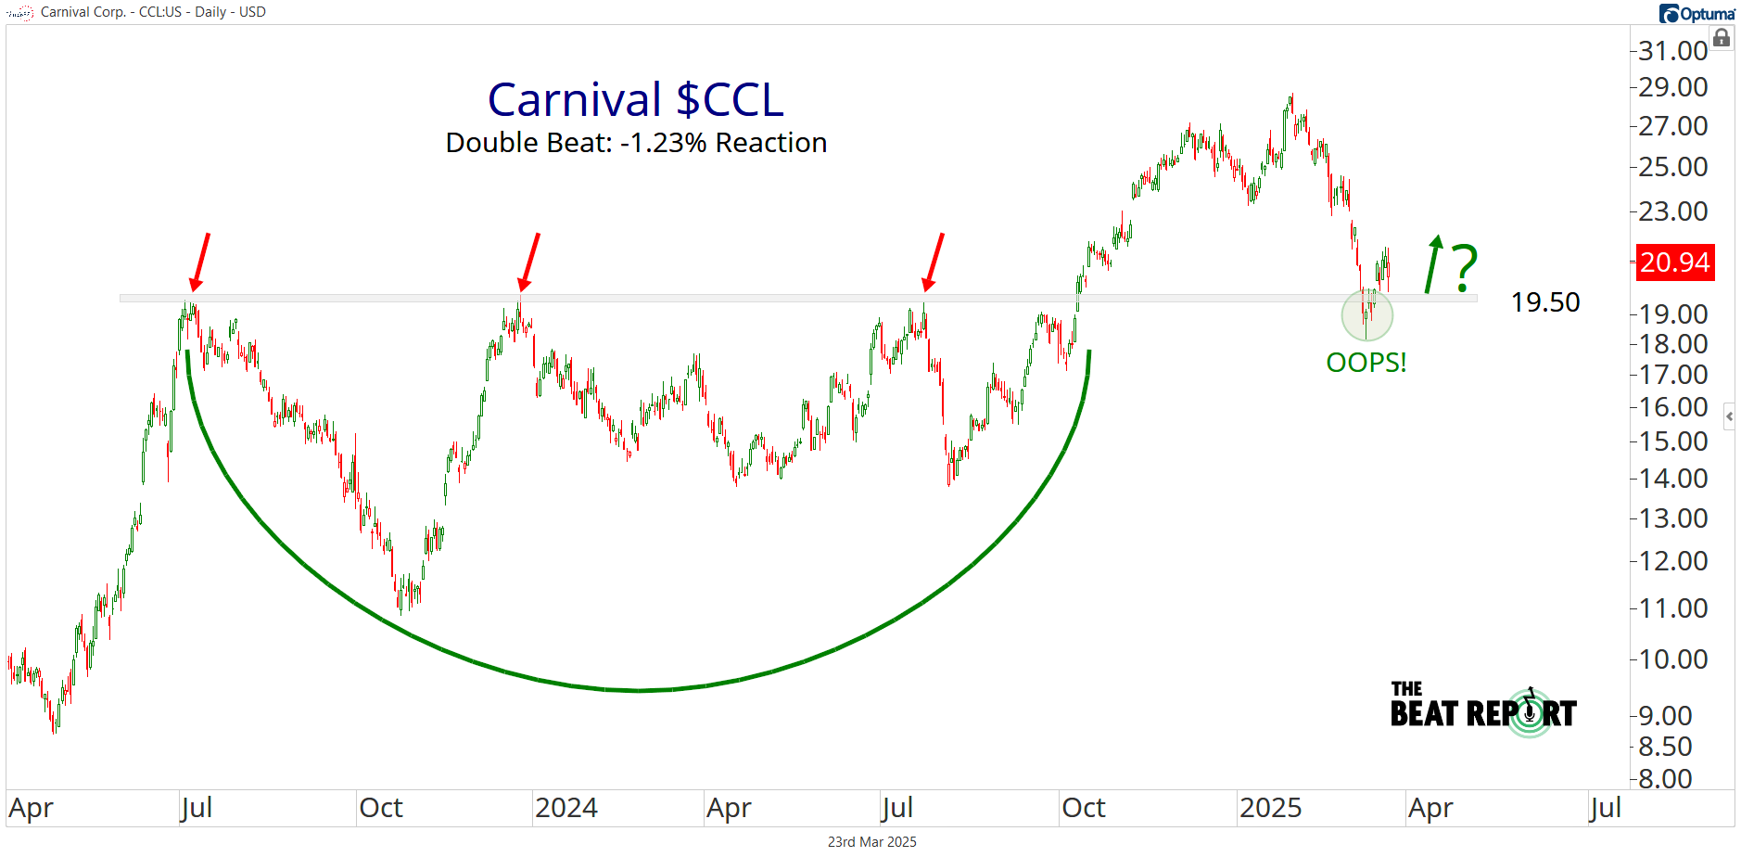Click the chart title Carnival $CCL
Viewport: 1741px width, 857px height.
[636, 99]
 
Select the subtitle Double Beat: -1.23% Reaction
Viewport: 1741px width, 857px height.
[636, 143]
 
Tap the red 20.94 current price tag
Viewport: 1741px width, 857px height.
[1674, 262]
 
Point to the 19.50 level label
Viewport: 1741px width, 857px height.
[1544, 302]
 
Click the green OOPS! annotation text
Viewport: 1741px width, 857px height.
[1366, 363]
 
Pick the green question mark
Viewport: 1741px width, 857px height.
[1464, 268]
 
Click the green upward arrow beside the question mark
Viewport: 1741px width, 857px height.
[1433, 263]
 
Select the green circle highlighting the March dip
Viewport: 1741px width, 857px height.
[1366, 315]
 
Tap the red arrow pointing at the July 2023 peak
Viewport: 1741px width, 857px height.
[199, 262]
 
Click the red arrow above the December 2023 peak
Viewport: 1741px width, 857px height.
[529, 262]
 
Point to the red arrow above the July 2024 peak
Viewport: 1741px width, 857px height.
[934, 262]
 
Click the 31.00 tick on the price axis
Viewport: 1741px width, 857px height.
[1672, 51]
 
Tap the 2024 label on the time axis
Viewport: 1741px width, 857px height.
[566, 808]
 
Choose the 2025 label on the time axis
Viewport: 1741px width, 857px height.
[1270, 808]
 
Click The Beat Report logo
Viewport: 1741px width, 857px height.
[1482, 710]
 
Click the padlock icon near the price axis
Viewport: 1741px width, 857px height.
[1722, 38]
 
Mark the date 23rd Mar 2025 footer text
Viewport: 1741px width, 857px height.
[871, 842]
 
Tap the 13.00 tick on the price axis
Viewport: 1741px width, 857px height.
[1672, 518]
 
